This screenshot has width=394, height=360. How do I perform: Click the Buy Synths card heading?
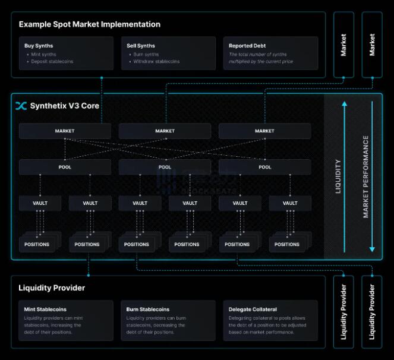[x=39, y=46]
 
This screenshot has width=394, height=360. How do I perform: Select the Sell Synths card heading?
[x=141, y=46]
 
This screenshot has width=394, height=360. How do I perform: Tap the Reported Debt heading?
[x=247, y=46]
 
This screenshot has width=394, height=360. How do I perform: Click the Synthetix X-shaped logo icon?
[x=21, y=106]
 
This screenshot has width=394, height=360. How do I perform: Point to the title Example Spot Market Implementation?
[x=89, y=24]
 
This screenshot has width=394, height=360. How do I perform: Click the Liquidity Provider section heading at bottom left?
[x=52, y=288]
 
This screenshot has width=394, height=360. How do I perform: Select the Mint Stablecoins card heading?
[x=45, y=310]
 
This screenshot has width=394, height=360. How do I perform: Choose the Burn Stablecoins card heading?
[x=148, y=310]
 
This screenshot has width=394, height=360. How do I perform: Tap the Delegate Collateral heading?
[x=253, y=310]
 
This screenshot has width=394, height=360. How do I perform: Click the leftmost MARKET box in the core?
[x=65, y=131]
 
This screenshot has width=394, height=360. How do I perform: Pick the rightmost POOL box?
[x=265, y=167]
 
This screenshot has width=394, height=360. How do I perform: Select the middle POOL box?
[x=165, y=167]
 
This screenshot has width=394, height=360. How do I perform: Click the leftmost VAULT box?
[x=40, y=203]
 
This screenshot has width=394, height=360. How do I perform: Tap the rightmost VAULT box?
[x=290, y=203]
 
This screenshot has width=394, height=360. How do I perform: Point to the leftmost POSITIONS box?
[x=37, y=244]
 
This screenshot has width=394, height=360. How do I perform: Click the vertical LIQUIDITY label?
[x=339, y=176]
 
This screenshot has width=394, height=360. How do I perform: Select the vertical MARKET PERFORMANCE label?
[x=366, y=176]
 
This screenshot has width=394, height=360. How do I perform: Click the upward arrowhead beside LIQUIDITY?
[x=344, y=105]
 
